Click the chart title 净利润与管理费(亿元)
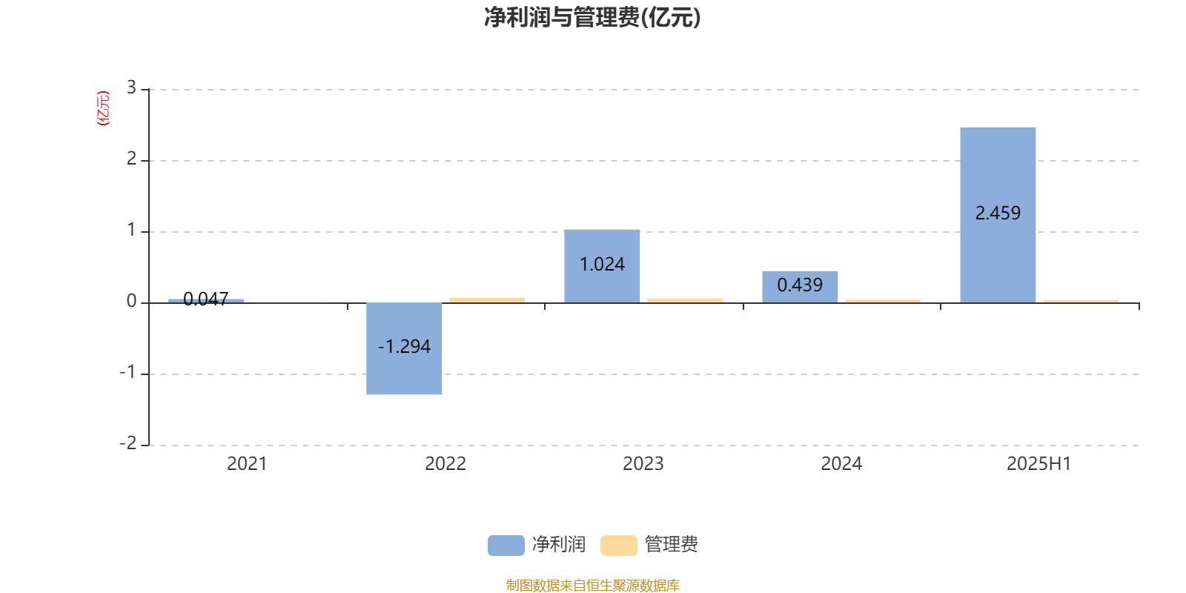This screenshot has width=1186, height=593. tap(592, 18)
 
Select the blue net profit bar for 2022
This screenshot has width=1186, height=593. tap(404, 348)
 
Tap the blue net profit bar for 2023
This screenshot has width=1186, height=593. tap(602, 266)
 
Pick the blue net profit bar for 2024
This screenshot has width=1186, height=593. tap(800, 287)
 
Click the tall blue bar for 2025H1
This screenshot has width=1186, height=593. tap(998, 215)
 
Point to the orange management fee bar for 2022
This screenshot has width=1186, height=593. tap(487, 300)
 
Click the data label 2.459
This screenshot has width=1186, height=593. tap(998, 213)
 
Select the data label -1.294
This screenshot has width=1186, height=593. tap(404, 346)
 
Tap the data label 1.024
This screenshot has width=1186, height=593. tap(602, 264)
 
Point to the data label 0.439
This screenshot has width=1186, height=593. tap(800, 285)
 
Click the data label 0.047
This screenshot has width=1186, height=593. tap(206, 299)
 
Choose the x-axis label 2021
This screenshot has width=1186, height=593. tap(247, 464)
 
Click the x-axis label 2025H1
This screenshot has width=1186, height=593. tap(1038, 464)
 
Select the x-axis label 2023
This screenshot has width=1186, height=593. tap(643, 464)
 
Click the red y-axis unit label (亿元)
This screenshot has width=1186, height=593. tap(103, 108)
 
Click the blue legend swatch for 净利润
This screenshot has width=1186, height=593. tap(506, 546)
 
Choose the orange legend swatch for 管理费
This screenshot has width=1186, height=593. tap(619, 546)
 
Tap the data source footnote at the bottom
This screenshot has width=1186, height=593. tap(592, 585)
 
